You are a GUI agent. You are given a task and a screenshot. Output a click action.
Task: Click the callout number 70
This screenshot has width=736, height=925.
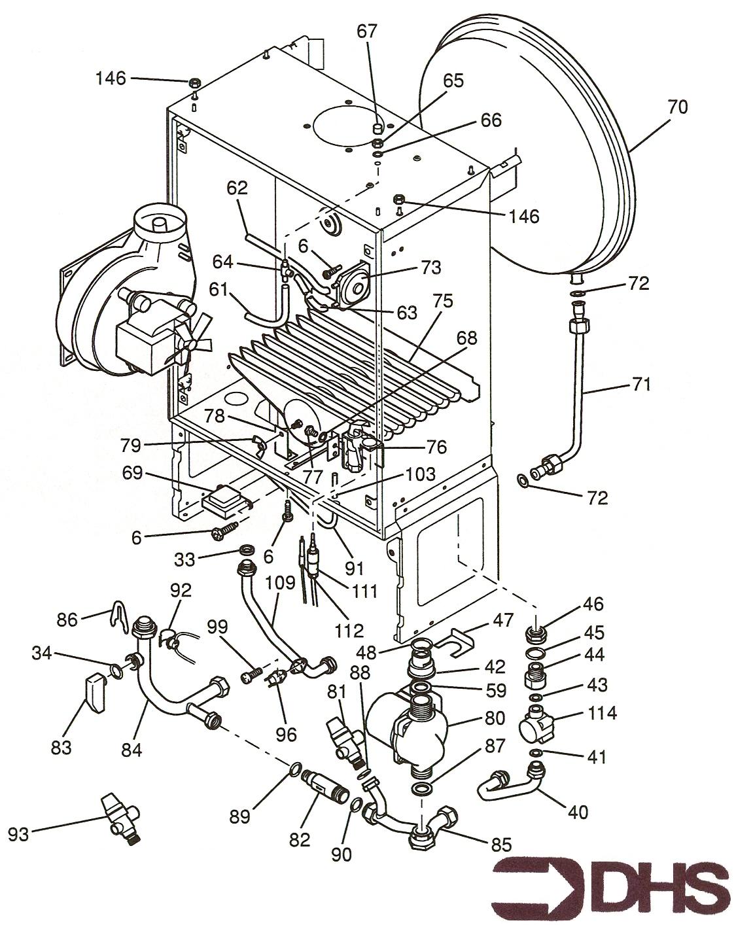678,106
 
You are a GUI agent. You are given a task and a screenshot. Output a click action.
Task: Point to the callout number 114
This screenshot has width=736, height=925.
602,712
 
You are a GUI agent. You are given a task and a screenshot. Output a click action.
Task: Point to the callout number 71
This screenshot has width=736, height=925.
641,384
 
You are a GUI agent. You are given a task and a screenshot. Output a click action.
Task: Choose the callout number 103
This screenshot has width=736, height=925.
420,474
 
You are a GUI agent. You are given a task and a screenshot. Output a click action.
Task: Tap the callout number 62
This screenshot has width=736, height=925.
237,188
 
